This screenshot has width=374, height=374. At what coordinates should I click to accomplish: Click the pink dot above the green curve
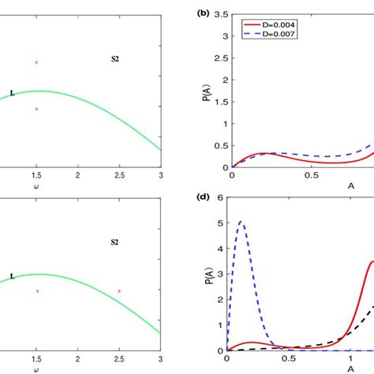tap(36, 62)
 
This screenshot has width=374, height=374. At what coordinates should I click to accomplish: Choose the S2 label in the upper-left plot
tap(114, 58)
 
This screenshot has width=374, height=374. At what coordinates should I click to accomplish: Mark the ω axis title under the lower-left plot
tap(36, 368)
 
